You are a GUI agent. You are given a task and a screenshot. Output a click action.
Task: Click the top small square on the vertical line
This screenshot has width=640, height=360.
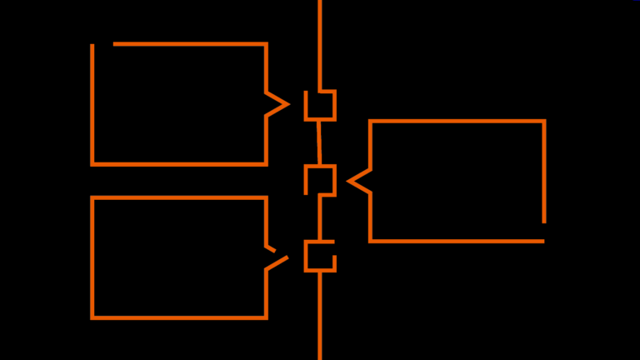(320, 105)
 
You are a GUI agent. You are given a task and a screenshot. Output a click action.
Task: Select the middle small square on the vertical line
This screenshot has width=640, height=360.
(320, 180)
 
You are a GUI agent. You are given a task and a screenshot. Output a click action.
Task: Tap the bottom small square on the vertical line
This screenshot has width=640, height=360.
(320, 256)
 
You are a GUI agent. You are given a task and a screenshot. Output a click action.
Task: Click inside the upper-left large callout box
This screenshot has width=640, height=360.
(179, 104)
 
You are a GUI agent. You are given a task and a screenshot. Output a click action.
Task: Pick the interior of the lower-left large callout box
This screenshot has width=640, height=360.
(179, 257)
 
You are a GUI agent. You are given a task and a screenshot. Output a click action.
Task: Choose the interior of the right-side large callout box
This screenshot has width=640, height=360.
(457, 181)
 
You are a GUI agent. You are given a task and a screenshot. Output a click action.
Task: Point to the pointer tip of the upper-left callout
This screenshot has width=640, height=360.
(287, 104)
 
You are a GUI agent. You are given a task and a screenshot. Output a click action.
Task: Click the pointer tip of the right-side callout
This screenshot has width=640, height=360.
(349, 180)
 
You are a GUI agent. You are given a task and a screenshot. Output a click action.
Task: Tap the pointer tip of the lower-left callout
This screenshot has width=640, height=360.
(287, 257)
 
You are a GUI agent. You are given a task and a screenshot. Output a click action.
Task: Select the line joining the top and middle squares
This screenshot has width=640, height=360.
(318, 142)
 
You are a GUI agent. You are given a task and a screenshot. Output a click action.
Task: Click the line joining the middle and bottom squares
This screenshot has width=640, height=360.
(320, 218)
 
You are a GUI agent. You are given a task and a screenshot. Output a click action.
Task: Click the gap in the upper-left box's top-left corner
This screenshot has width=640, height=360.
(102, 44)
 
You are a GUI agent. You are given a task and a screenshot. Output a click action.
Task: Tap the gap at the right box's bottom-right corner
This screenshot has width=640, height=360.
(544, 232)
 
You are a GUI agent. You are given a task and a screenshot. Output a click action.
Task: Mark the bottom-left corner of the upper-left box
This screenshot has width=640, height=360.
(92, 164)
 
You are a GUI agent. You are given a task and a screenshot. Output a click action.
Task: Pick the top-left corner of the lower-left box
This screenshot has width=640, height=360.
(92, 198)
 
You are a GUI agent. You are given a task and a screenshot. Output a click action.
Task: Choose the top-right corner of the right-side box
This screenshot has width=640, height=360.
(544, 122)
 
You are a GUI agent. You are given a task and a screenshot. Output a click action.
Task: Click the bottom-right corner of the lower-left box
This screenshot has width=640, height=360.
(266, 317)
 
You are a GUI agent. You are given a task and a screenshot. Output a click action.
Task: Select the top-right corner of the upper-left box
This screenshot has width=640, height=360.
(266, 44)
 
